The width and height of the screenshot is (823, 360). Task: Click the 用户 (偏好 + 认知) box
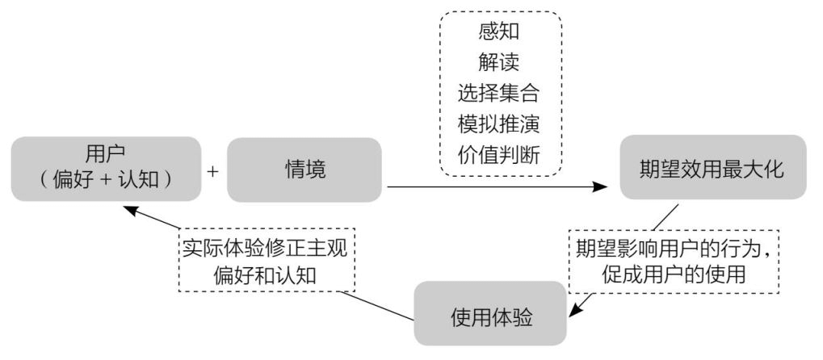pos(106,169)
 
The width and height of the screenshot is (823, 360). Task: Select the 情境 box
pos(304,170)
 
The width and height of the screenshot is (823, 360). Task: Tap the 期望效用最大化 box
pos(713,167)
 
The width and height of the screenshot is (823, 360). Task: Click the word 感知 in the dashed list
pos(498,31)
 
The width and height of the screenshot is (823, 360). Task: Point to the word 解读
pos(498,62)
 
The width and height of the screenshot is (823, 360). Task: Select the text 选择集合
pos(498,94)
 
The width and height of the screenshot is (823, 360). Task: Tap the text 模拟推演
pos(498,124)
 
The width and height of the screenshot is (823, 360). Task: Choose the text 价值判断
pos(498,155)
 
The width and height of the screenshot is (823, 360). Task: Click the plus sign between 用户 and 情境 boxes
pos(212,171)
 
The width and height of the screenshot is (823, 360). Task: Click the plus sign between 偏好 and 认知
pos(106,180)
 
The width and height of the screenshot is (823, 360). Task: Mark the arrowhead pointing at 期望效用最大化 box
pos(600,186)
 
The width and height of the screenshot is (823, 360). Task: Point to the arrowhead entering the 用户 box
pos(131,211)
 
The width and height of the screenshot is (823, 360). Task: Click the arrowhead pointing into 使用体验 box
pos(576,311)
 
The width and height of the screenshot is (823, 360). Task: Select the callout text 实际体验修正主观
pos(265,249)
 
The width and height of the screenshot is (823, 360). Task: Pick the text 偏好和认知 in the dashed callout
pos(265,275)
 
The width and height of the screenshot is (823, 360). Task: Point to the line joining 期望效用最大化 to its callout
pos(666,217)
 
